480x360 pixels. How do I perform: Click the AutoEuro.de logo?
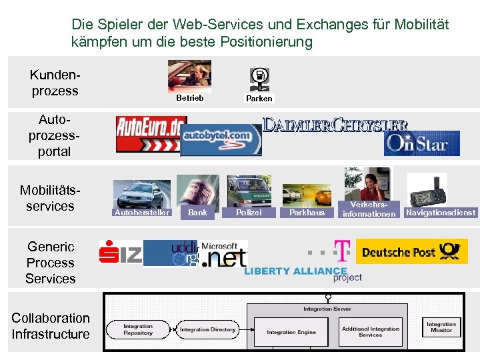tap(151, 134)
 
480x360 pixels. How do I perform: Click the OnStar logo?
tap(421, 143)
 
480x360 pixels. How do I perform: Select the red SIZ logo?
tap(121, 252)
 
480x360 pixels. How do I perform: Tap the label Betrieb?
tap(189, 98)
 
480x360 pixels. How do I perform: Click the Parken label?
tap(259, 99)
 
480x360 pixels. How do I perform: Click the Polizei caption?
tap(249, 213)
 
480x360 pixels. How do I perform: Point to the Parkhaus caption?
tap(307, 213)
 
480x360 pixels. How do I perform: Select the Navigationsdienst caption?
tap(441, 213)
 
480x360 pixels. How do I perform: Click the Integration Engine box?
tap(291, 331)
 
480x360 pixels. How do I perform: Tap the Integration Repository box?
tap(138, 329)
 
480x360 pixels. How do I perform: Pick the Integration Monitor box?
tap(441, 327)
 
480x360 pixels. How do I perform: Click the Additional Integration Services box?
tap(370, 331)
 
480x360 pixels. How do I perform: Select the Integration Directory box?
tap(208, 329)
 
